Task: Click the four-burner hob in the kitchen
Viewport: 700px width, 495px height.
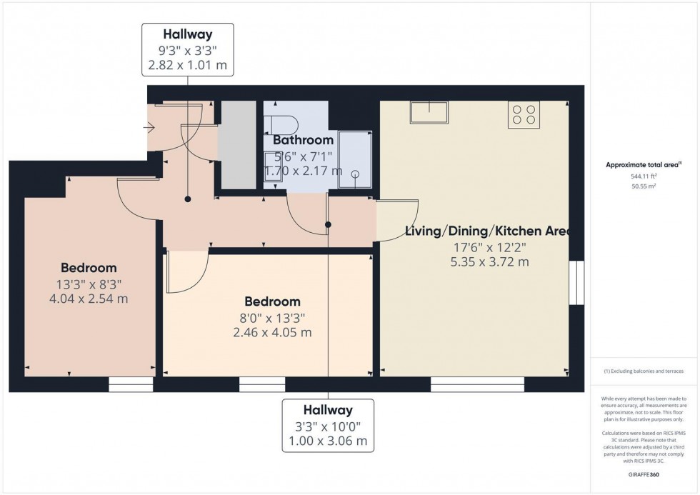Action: point(524,115)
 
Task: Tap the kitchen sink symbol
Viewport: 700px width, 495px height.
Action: point(429,113)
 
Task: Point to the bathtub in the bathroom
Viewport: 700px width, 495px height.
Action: point(355,159)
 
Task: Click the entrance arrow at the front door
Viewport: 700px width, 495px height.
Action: point(149,129)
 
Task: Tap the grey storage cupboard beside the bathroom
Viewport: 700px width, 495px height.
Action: point(236,145)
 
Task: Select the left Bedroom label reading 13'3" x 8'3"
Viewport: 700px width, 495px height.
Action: point(89,283)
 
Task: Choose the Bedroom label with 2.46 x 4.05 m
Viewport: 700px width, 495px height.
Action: point(271,332)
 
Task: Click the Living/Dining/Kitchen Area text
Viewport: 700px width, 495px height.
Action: point(486,231)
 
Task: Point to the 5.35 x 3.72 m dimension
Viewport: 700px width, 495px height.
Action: point(486,262)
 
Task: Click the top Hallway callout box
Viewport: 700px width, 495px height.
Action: point(189,49)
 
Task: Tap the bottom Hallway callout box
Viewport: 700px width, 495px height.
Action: point(328,426)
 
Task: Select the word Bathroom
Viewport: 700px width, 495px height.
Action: point(303,140)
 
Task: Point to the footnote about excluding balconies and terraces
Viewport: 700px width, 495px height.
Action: point(644,371)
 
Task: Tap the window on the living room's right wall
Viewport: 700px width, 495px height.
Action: point(576,283)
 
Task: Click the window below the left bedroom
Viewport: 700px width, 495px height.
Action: point(131,386)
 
